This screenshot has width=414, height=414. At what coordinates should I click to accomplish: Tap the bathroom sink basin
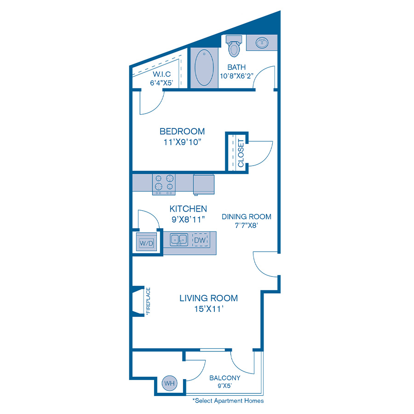click(262, 42)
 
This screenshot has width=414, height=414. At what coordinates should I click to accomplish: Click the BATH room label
click(236, 67)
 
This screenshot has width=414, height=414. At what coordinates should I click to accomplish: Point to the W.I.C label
click(161, 74)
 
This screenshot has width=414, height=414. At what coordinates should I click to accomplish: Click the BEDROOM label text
click(182, 131)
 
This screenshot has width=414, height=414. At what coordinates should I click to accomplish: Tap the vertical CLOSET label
click(241, 153)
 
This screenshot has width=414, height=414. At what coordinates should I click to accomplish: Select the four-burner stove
click(164, 184)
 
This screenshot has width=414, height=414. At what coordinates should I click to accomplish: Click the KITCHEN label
click(188, 209)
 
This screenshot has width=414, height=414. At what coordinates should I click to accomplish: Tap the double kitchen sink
click(179, 240)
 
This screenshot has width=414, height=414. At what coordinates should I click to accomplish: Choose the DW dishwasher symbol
click(200, 240)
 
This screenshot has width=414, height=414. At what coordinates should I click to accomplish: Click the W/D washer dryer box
click(146, 242)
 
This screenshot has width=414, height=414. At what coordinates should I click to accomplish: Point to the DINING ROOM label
click(247, 217)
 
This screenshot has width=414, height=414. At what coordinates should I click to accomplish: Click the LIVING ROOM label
click(208, 298)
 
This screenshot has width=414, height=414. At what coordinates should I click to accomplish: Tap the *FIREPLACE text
click(148, 300)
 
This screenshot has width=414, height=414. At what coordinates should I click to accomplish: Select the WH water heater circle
click(169, 383)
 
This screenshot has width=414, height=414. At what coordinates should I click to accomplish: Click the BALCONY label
click(224, 378)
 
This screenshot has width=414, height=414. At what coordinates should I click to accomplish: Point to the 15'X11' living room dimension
click(209, 309)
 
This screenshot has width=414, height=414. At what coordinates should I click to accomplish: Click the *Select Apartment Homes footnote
click(228, 401)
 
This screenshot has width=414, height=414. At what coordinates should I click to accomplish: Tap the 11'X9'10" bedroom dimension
click(183, 142)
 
